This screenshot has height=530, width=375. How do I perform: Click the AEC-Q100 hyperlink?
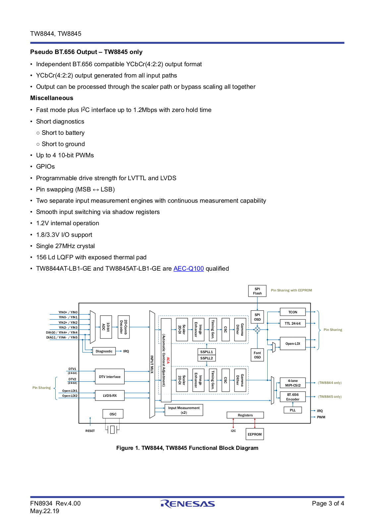click(188, 269)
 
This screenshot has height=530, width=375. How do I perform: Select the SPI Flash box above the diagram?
click(257, 291)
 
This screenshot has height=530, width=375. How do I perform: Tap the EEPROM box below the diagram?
click(254, 434)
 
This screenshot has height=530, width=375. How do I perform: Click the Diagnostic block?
click(104, 351)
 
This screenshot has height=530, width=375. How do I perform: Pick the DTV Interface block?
click(110, 376)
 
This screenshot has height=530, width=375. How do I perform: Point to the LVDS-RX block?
click(110, 396)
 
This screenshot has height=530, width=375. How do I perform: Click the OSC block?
click(113, 414)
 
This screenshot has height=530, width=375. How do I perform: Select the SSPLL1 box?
click(206, 352)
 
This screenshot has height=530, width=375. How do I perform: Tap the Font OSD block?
click(257, 355)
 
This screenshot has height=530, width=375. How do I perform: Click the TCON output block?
click(293, 312)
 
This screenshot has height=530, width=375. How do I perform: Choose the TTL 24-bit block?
click(293, 323)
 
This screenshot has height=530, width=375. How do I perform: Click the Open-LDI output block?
click(293, 344)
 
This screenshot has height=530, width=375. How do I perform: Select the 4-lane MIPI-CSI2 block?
click(293, 383)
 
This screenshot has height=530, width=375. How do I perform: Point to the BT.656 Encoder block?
click(293, 397)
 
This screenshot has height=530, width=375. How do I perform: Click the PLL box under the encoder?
click(293, 410)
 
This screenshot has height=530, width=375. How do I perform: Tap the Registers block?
click(245, 415)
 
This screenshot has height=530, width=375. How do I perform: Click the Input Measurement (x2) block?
click(184, 410)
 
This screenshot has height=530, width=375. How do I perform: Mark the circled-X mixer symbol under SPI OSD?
click(257, 330)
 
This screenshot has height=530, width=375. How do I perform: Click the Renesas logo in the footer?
click(187, 504)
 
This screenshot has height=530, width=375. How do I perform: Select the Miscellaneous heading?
click(52, 98)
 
